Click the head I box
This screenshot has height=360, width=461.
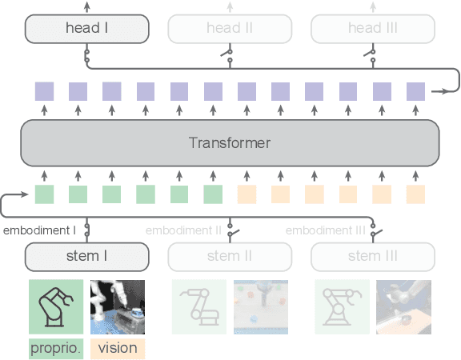[x=87, y=29]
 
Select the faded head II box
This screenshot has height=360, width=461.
[x=230, y=29]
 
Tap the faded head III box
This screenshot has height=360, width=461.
[x=372, y=29]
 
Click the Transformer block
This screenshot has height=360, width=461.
[x=230, y=143]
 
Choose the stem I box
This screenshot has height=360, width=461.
[x=87, y=256]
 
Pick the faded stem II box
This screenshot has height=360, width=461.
[x=230, y=256]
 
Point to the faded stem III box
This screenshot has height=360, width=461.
[x=372, y=256]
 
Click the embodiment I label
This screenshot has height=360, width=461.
[x=39, y=230]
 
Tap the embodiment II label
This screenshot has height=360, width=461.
[x=183, y=230]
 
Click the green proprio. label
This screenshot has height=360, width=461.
[x=56, y=348]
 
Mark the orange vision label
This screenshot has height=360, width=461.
[x=117, y=348]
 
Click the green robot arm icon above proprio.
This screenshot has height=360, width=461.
[x=56, y=306]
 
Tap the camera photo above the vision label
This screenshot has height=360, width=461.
[x=118, y=306]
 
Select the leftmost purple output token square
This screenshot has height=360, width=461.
[x=44, y=91]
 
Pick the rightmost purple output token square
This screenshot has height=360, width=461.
[x=415, y=91]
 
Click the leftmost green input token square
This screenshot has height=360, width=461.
[x=44, y=194]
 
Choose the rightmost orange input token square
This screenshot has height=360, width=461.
[x=415, y=194]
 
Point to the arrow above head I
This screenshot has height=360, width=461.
[x=87, y=6]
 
